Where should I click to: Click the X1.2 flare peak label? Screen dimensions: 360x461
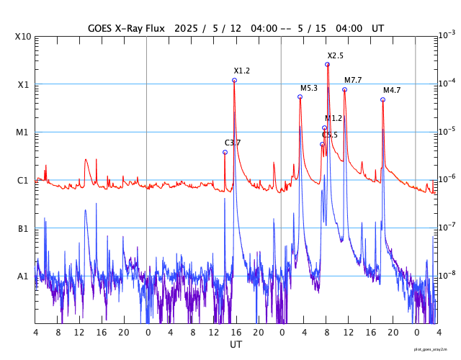[242, 71]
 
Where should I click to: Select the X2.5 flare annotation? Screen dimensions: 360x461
[336, 55]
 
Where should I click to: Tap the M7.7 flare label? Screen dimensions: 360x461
[353, 80]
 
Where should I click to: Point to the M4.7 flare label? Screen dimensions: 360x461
[392, 90]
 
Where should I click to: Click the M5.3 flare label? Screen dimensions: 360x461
[309, 88]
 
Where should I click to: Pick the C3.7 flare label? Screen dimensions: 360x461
[233, 143]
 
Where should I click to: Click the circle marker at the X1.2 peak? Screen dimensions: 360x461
[234, 80]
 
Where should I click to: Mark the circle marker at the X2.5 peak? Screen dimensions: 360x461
[327, 64]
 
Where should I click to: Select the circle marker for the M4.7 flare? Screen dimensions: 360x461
[382, 99]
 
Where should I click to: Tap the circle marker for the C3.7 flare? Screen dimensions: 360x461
[225, 152]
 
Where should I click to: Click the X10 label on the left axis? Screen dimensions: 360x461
[23, 36]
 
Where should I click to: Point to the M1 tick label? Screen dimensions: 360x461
[23, 132]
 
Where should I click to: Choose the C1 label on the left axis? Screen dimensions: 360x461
[23, 180]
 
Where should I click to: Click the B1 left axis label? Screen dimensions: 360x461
[23, 228]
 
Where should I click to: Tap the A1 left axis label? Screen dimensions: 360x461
[23, 276]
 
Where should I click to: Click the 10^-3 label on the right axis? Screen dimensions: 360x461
[447, 35]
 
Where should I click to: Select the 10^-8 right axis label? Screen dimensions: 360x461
[447, 275]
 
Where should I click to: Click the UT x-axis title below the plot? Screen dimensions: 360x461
[236, 344]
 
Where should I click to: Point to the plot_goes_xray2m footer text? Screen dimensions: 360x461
[436, 348]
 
